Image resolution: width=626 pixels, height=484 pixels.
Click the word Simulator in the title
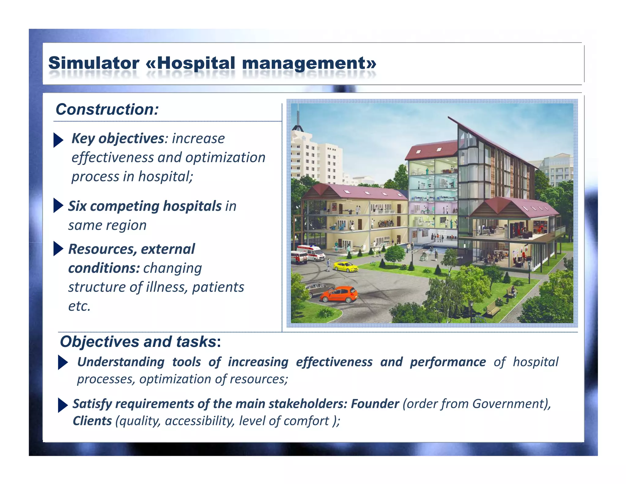[x=94, y=63]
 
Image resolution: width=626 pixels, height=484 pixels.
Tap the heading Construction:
[x=107, y=110]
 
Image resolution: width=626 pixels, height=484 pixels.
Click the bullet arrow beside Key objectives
[x=58, y=140]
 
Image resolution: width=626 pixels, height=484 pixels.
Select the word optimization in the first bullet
[x=225, y=158]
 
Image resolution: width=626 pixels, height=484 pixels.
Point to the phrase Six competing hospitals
[x=145, y=206]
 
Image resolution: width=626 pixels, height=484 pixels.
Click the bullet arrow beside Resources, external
[x=58, y=248]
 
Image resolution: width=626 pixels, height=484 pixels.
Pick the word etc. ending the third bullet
[x=79, y=306]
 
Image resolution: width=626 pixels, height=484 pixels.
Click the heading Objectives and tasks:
[x=140, y=341]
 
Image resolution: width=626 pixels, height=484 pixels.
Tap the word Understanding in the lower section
[x=121, y=362]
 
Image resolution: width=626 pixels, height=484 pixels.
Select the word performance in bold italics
[x=447, y=362]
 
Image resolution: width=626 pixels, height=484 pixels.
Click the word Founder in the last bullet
[x=375, y=404]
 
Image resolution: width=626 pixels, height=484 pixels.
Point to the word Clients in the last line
[x=92, y=421]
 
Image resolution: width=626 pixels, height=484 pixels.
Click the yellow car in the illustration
[x=345, y=266]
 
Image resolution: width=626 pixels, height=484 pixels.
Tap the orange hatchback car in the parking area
[x=339, y=294]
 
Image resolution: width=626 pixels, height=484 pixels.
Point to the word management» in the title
[x=309, y=63]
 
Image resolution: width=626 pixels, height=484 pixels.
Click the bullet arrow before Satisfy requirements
[x=62, y=405]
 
